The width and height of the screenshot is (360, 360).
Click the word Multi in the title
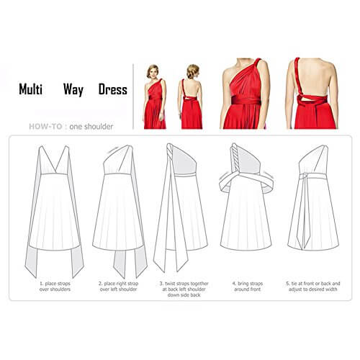(x=30, y=89)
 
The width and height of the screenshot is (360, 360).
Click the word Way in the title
(x=73, y=90)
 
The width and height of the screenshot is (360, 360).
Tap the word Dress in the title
(x=113, y=89)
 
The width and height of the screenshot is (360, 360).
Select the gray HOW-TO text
(x=45, y=127)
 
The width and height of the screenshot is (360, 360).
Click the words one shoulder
(x=91, y=127)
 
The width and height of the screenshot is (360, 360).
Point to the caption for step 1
(x=55, y=287)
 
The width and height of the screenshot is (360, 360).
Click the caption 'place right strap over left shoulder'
(x=118, y=287)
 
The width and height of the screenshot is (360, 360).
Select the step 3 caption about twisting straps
(x=184, y=289)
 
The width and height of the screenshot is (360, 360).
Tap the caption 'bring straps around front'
(x=248, y=287)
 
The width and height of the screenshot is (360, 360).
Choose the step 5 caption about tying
(x=313, y=287)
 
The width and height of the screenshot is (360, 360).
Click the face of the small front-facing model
(x=153, y=72)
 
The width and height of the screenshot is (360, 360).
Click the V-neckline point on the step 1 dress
(x=55, y=172)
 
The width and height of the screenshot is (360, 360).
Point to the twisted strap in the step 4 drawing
(x=235, y=158)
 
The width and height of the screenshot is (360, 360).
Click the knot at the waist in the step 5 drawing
(x=305, y=176)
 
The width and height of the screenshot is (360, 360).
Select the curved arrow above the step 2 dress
(x=113, y=150)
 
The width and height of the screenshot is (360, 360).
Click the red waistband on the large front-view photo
(x=246, y=100)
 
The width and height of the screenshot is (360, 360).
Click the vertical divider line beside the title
(x=133, y=96)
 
